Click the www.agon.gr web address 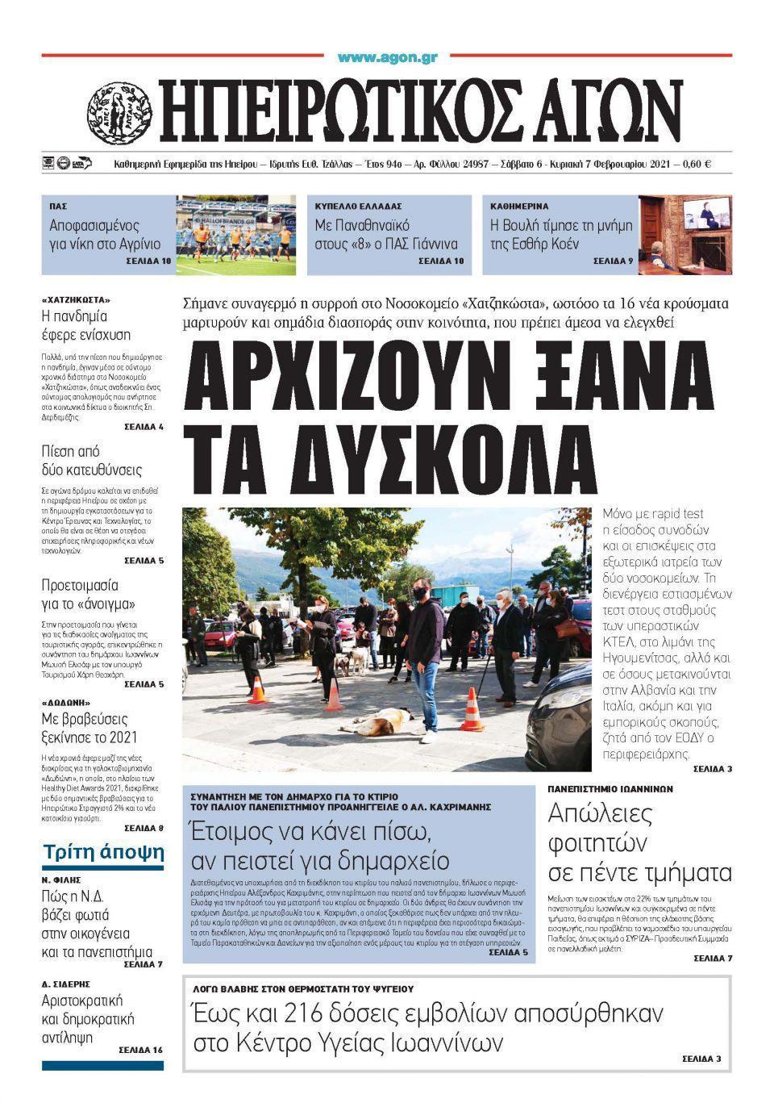[x=387, y=57]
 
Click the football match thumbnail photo [x=235, y=235]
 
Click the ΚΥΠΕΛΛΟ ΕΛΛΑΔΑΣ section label [x=359, y=207]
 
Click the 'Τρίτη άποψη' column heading [x=103, y=853]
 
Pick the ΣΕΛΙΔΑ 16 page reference [x=140, y=1050]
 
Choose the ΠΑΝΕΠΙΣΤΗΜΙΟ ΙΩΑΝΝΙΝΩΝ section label [x=610, y=789]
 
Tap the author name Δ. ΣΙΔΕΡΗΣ [x=65, y=984]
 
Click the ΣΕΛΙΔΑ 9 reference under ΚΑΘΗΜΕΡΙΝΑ [x=614, y=261]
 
